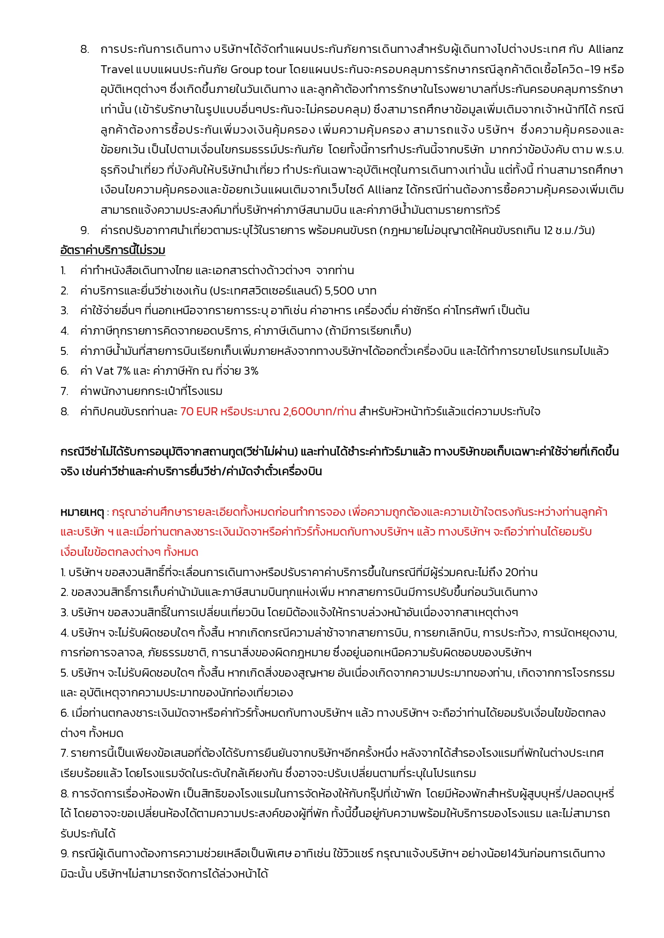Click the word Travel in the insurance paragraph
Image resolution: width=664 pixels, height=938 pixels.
tap(117, 69)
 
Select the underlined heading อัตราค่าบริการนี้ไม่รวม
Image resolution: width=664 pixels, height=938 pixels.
tap(112, 250)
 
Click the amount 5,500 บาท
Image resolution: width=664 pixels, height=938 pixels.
tap(350, 291)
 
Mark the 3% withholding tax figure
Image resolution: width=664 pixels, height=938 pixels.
tap(250, 371)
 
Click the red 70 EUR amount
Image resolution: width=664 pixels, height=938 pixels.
tap(199, 412)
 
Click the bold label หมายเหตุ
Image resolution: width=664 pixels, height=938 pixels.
tap(82, 513)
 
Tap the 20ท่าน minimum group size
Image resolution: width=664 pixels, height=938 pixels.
tap(521, 572)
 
